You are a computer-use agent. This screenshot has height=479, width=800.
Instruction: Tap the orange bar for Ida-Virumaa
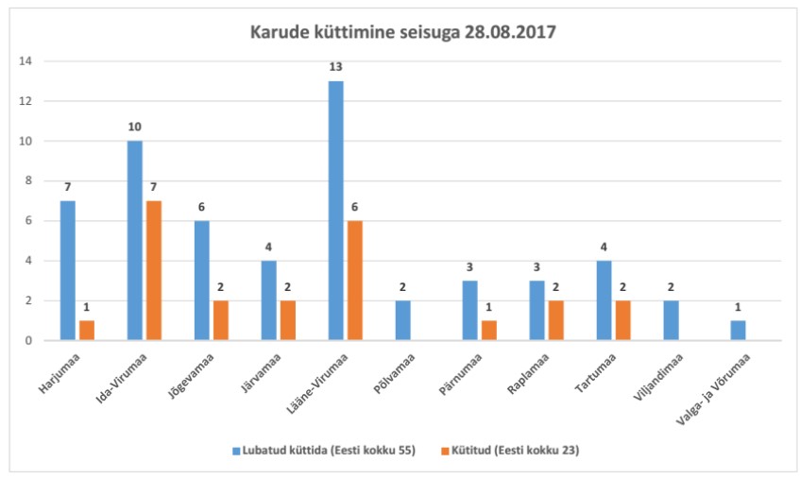tap(155, 270)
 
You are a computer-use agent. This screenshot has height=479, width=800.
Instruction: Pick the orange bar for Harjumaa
tap(87, 330)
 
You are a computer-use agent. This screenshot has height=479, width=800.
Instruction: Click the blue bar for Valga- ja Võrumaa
tap(737, 330)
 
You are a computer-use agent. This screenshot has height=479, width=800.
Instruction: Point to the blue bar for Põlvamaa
tap(402, 320)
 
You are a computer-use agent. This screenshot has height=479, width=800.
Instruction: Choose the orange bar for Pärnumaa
tap(489, 330)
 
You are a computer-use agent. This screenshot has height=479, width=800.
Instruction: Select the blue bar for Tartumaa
tap(604, 300)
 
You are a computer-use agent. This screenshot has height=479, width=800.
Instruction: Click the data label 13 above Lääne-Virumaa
tap(335, 67)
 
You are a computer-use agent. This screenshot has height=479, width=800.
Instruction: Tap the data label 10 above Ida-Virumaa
tap(134, 127)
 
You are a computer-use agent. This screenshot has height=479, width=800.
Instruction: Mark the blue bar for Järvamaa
tap(268, 300)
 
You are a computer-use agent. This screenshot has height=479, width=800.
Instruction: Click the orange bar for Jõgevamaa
tap(221, 320)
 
